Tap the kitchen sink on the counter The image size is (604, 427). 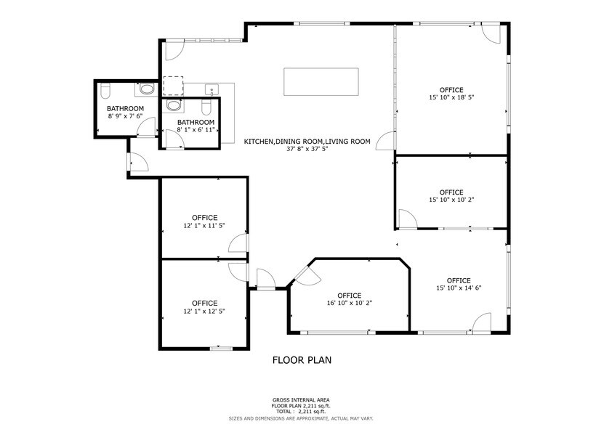[213, 90]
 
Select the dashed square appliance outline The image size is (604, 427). [173, 86]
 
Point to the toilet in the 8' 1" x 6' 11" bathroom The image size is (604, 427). [206, 108]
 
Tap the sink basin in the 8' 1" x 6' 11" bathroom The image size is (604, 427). [173, 105]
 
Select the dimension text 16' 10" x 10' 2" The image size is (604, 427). [349, 304]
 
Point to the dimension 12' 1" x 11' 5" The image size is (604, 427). [204, 226]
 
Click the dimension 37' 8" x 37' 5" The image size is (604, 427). [307, 150]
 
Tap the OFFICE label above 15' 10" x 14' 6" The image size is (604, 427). [458, 280]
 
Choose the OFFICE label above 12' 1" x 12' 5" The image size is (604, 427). [204, 303]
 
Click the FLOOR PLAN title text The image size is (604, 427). [302, 359]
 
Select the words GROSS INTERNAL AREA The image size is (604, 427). [302, 400]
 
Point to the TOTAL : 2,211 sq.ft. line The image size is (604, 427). [302, 412]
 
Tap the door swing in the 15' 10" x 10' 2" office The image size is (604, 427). [408, 220]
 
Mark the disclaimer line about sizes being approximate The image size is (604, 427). [302, 418]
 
